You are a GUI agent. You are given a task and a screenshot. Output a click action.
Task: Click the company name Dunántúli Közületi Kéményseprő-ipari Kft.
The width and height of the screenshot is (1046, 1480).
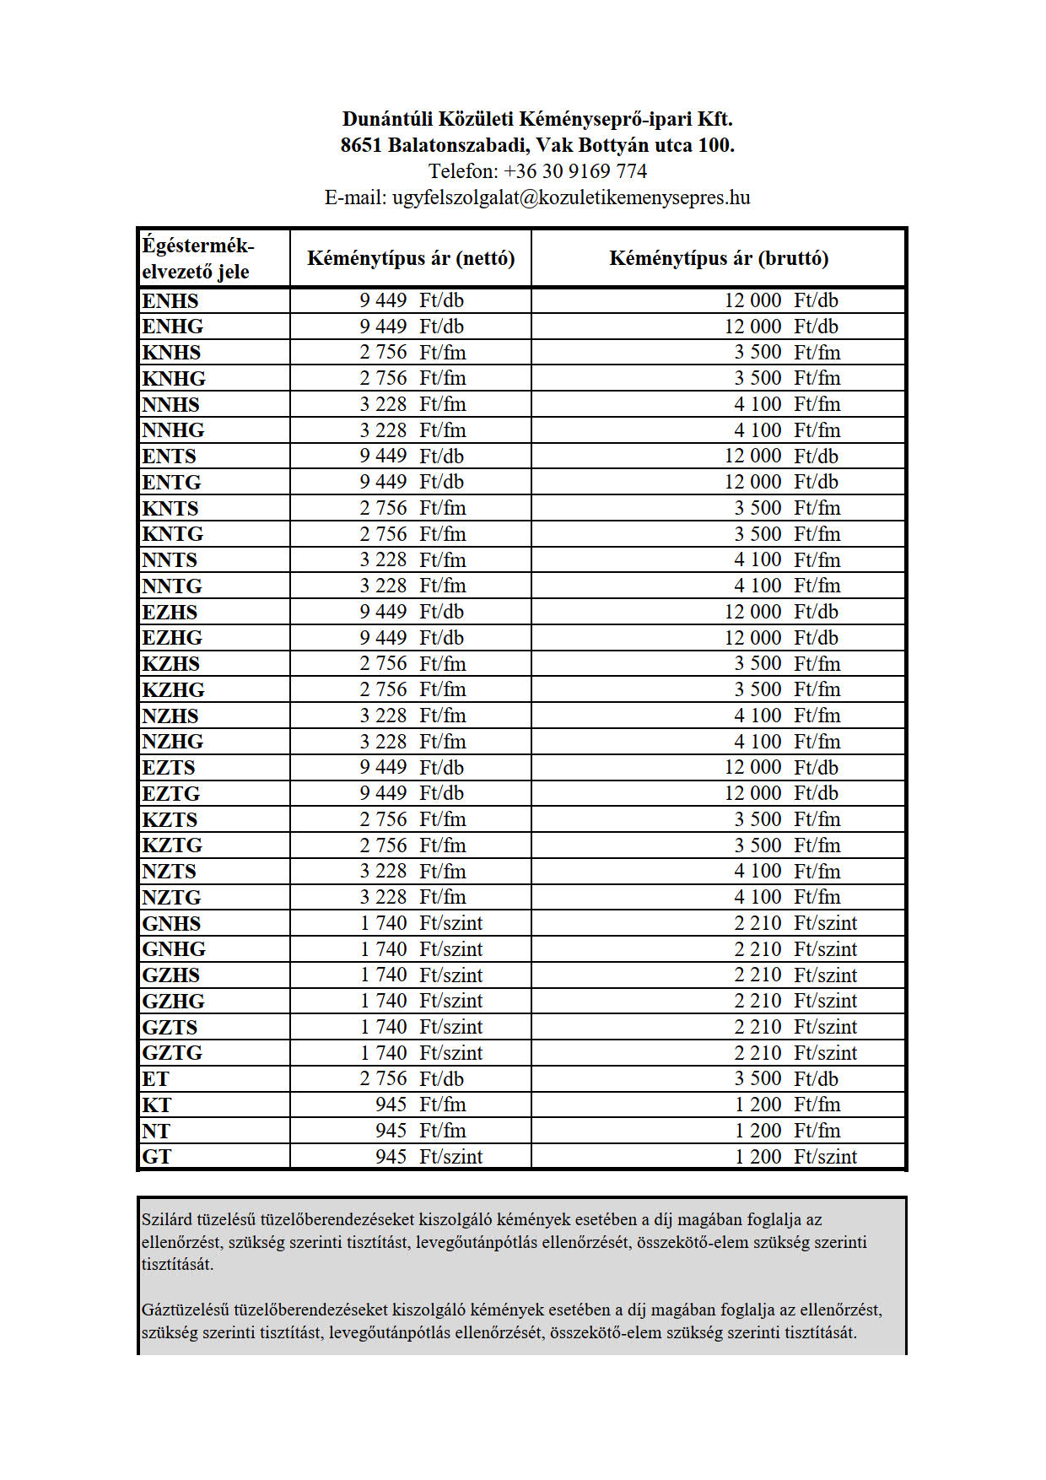coord(537,119)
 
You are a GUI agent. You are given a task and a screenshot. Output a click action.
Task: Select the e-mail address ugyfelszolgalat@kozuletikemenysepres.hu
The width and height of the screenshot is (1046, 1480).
coord(570,197)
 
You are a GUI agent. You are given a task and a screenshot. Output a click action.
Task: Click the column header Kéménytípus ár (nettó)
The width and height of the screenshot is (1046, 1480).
coord(411,258)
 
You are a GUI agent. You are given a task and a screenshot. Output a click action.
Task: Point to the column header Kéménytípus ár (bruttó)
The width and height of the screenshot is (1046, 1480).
coord(719,258)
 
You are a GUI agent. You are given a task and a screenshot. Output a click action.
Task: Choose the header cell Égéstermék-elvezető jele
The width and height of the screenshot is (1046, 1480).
coord(198,258)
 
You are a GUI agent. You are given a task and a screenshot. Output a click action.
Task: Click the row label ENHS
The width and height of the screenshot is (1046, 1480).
coord(170,301)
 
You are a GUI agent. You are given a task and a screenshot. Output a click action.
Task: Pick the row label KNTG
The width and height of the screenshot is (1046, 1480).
coord(173,534)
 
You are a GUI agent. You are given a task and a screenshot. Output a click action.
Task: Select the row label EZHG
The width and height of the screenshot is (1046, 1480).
coord(172,638)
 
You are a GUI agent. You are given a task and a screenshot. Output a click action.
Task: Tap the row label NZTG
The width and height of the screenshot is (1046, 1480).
coord(171,897)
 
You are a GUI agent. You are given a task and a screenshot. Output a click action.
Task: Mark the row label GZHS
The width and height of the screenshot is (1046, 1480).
coord(171,975)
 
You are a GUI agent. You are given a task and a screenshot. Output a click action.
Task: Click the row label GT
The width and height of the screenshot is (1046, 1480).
coord(157,1157)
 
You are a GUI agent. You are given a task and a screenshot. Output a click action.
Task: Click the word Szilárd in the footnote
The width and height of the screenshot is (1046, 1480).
coord(167,1219)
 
